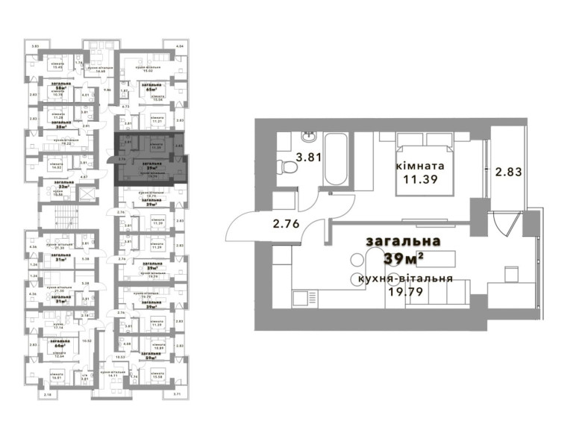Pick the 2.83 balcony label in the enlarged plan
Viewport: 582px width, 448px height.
point(507,171)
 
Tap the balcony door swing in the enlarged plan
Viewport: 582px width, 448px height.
point(507,224)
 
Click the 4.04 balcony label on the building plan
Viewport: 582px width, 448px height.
point(178,47)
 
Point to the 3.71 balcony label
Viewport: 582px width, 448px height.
point(177,393)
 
